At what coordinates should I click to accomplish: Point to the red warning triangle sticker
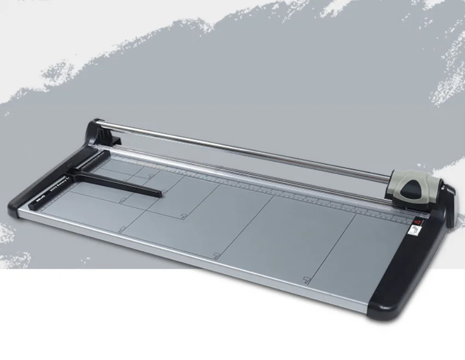pos(419,223)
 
